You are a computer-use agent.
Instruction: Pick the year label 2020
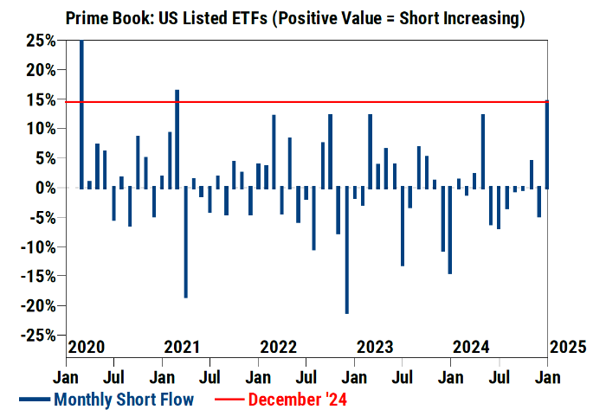click(86, 348)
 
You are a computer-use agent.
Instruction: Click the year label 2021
click(182, 348)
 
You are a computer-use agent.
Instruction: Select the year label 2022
click(279, 348)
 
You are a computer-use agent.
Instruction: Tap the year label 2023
click(375, 348)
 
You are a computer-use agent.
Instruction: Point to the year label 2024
click(471, 348)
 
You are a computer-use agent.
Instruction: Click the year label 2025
click(567, 348)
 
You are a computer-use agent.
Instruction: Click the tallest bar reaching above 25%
click(81, 112)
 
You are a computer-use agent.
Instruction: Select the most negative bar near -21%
click(346, 251)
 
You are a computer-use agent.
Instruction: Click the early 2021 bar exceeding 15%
click(177, 138)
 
